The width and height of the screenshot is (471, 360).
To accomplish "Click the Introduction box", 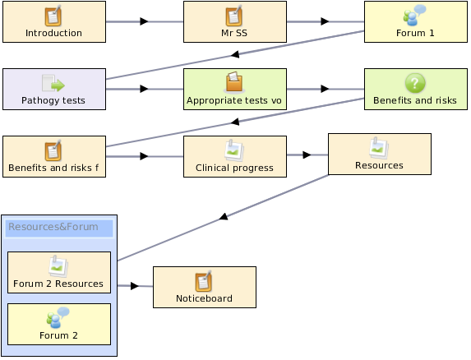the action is pos(54,21).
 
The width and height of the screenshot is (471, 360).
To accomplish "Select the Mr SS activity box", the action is pos(235,21).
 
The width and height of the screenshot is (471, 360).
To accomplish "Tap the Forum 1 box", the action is pos(416,21).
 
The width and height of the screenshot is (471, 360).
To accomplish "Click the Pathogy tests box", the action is pos(54,89).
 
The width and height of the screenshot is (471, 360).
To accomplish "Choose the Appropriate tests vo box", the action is pos(235,89).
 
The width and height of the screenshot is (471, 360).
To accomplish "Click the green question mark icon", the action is pos(415,83).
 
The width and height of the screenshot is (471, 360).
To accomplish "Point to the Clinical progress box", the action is pos(235,156).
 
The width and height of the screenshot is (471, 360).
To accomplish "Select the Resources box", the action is pos(380,154).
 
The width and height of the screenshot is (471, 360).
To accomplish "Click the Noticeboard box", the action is pos(205,287).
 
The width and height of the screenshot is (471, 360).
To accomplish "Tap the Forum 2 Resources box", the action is pos(59,272).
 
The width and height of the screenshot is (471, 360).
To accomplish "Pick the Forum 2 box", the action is pos(59,325).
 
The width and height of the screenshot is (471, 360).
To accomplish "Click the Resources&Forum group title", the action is pos(53,227).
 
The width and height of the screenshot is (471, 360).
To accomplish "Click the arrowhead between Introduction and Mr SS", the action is pos(144,21).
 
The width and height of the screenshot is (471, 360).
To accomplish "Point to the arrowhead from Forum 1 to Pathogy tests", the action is pos(235,54).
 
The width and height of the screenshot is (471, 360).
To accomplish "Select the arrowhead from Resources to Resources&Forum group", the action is pos(224,216).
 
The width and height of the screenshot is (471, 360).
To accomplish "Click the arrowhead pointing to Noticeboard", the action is pos(135,286).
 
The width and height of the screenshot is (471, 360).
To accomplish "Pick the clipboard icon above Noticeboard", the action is pos(204,281).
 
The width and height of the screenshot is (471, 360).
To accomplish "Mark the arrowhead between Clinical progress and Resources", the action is pos(307,155).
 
